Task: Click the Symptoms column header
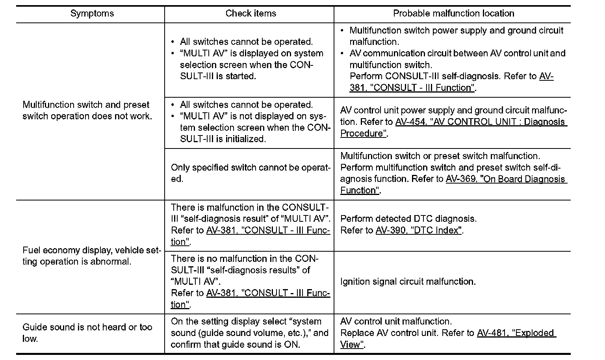pyautogui.click(x=92, y=13)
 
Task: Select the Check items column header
pyautogui.click(x=251, y=13)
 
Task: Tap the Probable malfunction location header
pyautogui.click(x=453, y=13)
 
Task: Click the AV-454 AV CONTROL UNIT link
pyautogui.click(x=481, y=122)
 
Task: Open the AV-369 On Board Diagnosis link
pyautogui.click(x=505, y=179)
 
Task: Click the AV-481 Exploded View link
pyautogui.click(x=516, y=333)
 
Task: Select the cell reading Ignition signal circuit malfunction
pyautogui.click(x=408, y=282)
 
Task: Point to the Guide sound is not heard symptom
pyautogui.click(x=87, y=333)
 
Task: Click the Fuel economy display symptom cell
pyautogui.click(x=91, y=256)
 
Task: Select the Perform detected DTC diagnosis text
pyautogui.click(x=408, y=219)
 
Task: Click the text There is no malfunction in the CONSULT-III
pyautogui.click(x=244, y=259)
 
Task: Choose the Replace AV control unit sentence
pyautogui.click(x=388, y=333)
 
